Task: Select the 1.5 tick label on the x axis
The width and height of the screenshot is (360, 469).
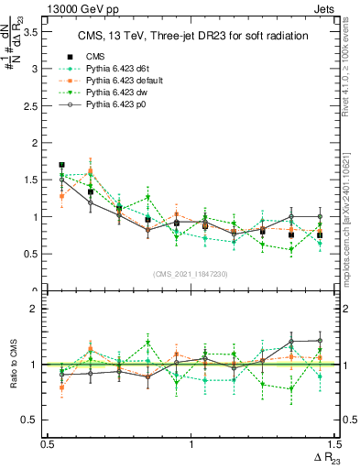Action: [x=333, y=444]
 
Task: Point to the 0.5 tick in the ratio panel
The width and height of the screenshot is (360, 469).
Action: [x=34, y=420]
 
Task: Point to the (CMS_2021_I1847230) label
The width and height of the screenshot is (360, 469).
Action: [x=190, y=274]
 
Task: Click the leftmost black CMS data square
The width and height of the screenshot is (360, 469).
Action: [x=61, y=166]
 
